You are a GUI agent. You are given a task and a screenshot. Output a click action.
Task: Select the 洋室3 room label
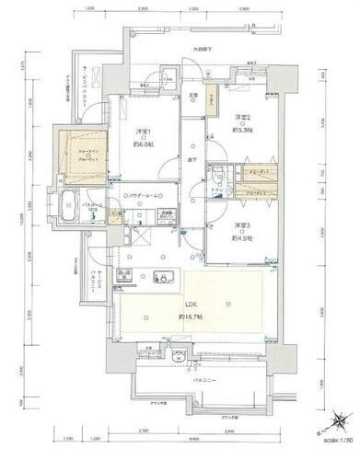[241, 226]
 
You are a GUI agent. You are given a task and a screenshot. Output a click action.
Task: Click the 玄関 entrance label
[194, 96]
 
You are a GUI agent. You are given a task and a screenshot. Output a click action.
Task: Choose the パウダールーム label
[145, 196]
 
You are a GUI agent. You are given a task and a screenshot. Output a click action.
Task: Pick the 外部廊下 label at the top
[203, 49]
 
